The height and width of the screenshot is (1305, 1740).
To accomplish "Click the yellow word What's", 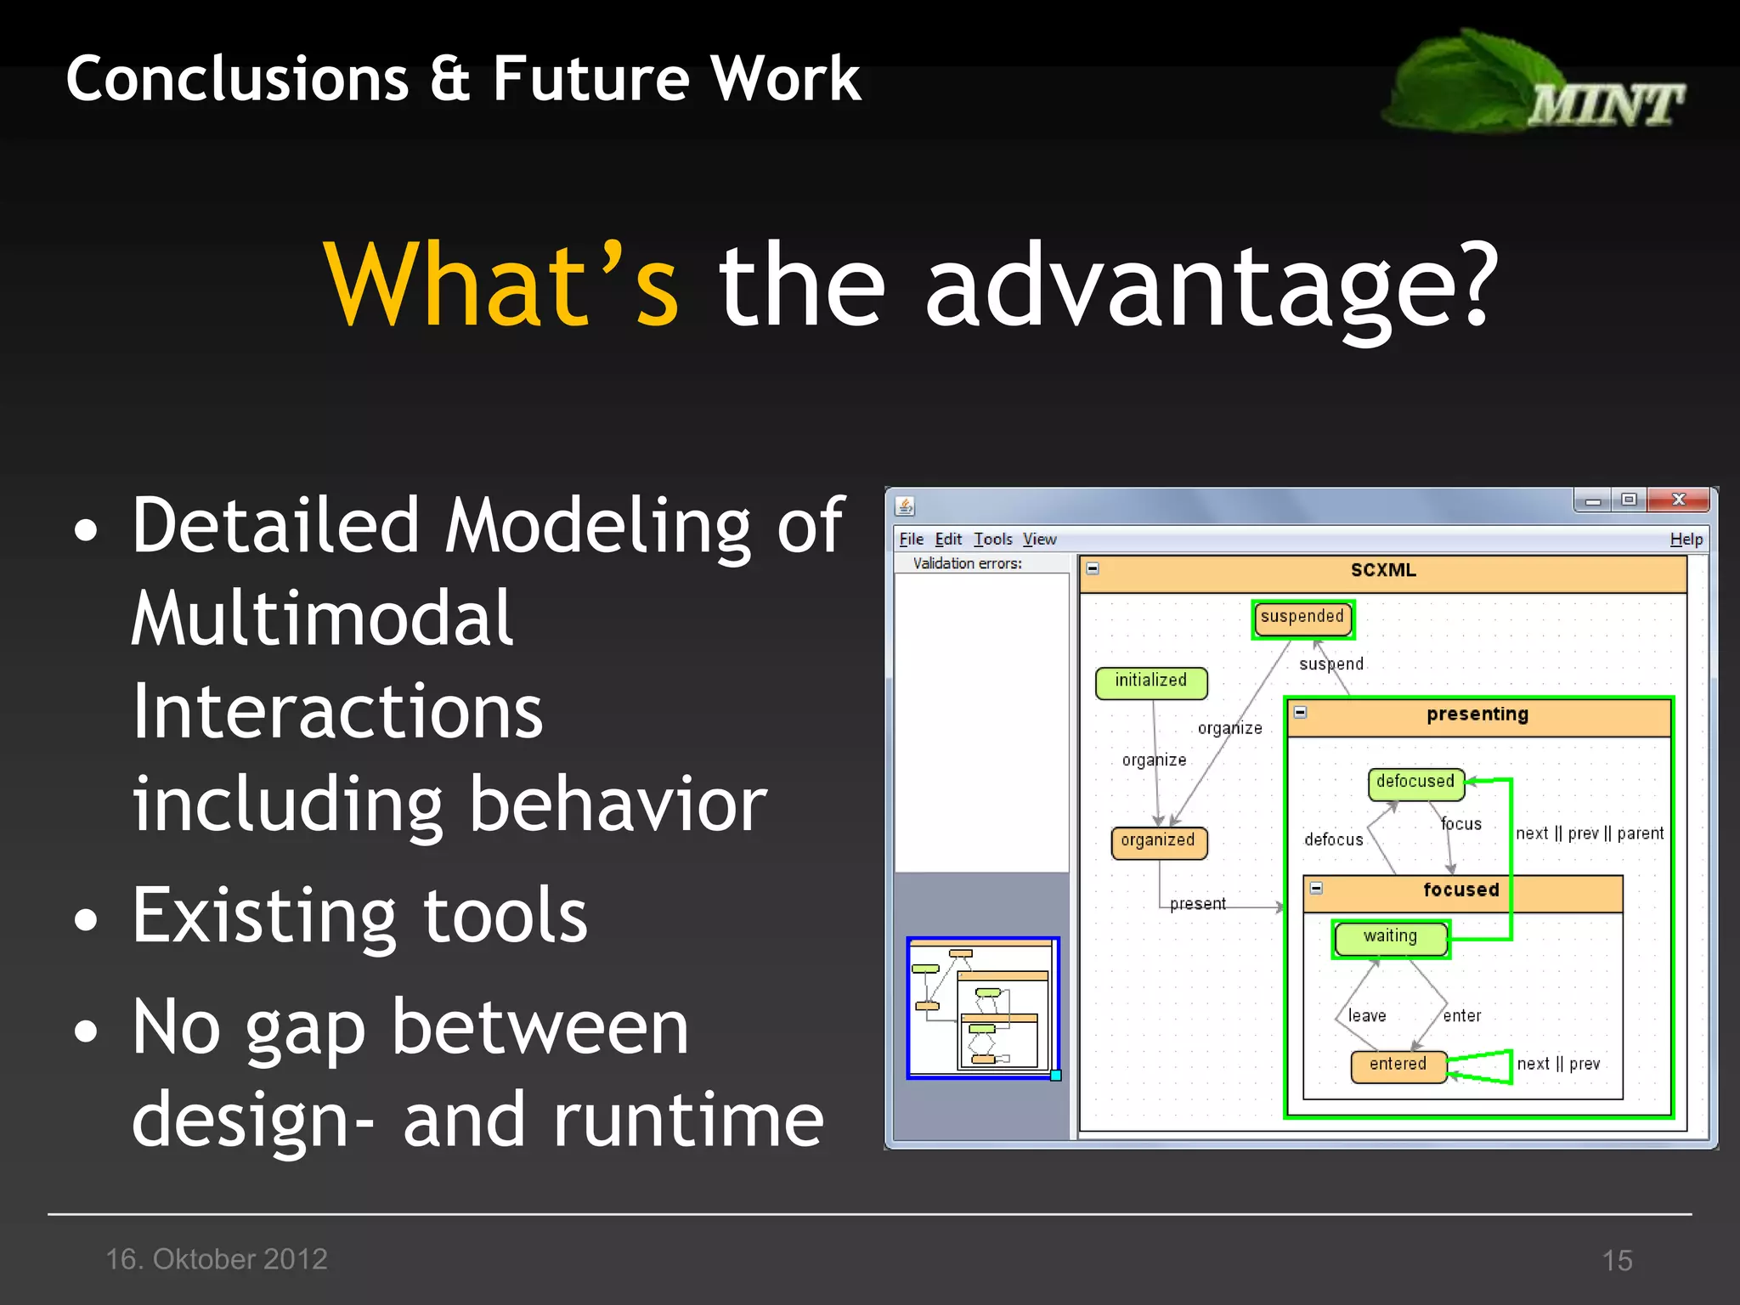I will coord(501,285).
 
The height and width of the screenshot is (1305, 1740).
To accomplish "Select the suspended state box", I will coord(1302,618).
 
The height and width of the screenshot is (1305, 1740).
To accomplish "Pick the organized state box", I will coord(1158,842).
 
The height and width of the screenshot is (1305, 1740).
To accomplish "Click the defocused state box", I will coord(1415,782).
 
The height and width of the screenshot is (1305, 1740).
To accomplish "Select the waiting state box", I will coord(1391,937).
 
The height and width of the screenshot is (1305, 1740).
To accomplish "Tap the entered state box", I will coord(1398,1065).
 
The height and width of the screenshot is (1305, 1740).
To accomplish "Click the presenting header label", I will coord(1477,715).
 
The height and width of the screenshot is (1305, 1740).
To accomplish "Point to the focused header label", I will coord(1461,890).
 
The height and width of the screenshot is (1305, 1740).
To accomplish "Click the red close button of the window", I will coord(1678,500).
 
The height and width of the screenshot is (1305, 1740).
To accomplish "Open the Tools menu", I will coord(992,540).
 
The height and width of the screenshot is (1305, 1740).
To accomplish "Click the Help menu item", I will coord(1686,540).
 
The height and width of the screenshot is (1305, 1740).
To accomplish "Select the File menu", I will coord(911,540).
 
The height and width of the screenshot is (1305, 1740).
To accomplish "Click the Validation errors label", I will coord(967,564).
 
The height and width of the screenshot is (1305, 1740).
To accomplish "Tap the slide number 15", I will coord(1617,1261).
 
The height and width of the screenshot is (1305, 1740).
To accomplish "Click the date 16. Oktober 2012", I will coord(217,1259).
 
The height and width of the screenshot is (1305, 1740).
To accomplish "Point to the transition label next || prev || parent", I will coord(1590,834).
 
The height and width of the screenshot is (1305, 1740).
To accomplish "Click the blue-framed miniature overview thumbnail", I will coord(982,1008).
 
